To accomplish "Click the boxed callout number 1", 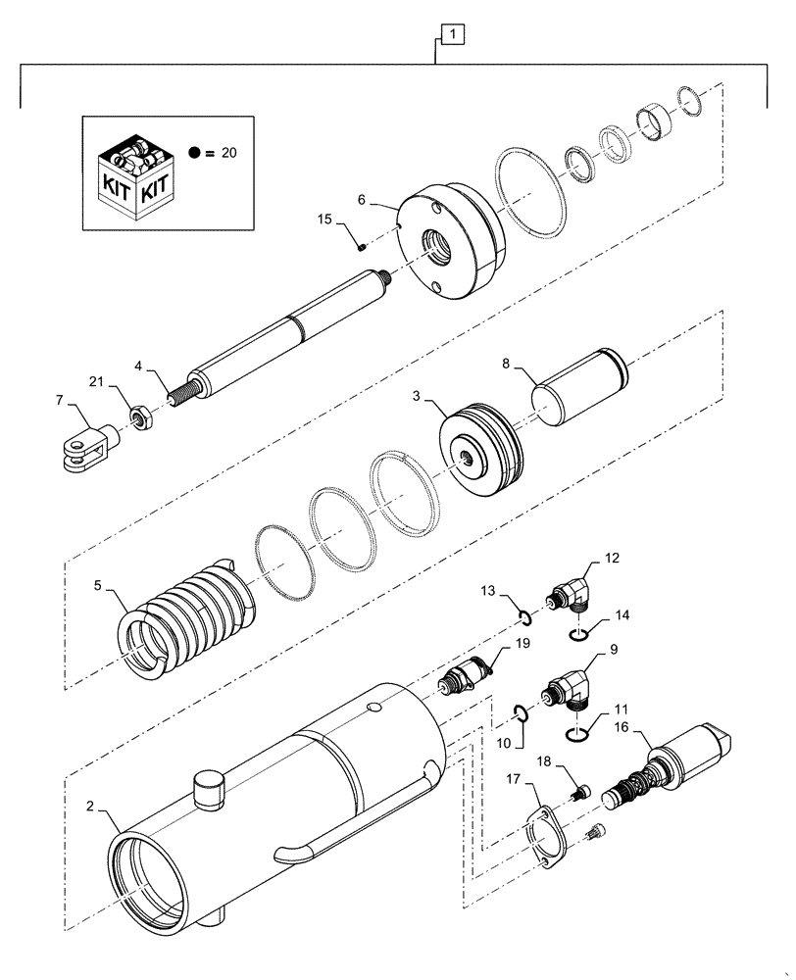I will tap(452, 36).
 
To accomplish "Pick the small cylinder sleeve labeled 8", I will tap(577, 380).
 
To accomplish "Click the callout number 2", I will tap(91, 807).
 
